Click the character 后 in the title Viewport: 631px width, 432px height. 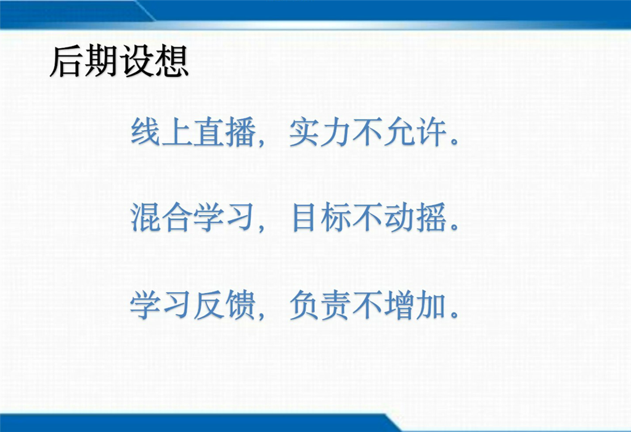[67, 62]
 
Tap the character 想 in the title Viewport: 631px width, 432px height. [171, 62]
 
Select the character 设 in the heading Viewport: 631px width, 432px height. [136, 62]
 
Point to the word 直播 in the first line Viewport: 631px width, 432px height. [225, 132]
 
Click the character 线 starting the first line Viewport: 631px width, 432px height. [146, 132]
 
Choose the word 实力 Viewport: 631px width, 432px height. [320, 132]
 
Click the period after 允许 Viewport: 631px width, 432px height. [455, 141]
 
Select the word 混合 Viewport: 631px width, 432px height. [161, 218]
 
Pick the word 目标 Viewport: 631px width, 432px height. [320, 218]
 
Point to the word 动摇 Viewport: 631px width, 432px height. [416, 218]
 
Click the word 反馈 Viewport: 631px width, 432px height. [225, 305]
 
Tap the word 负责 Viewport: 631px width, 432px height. [320, 305]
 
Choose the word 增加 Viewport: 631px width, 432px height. [416, 305]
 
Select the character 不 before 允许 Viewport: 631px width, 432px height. [368, 132]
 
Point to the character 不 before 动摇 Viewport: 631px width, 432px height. [368, 218]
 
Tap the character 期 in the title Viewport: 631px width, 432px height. [102, 62]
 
